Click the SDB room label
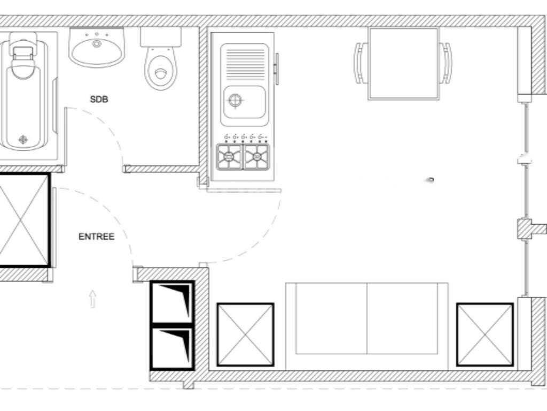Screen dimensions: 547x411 tap(99, 99)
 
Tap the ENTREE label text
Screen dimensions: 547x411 tap(97, 237)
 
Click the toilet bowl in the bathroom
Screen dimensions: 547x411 tap(161, 68)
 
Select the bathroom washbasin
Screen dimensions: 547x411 tap(97, 47)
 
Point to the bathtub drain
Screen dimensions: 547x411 tap(23, 140)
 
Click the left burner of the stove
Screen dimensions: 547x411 tap(230, 156)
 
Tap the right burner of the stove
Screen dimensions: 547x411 tap(256, 156)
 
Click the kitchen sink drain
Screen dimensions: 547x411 tap(235, 100)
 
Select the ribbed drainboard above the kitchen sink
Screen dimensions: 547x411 tap(245, 64)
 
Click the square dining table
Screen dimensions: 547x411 tap(404, 64)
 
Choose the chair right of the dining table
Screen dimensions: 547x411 tap(446, 63)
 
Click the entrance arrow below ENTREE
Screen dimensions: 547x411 tap(92, 299)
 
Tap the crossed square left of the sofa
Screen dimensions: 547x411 tap(245, 335)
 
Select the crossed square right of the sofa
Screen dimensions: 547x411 tap(485, 335)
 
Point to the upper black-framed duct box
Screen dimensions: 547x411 tap(172, 303)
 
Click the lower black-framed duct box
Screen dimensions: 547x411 tap(172, 348)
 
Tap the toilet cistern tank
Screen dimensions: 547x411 tap(161, 37)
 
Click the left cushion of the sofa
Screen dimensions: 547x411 tap(331, 318)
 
